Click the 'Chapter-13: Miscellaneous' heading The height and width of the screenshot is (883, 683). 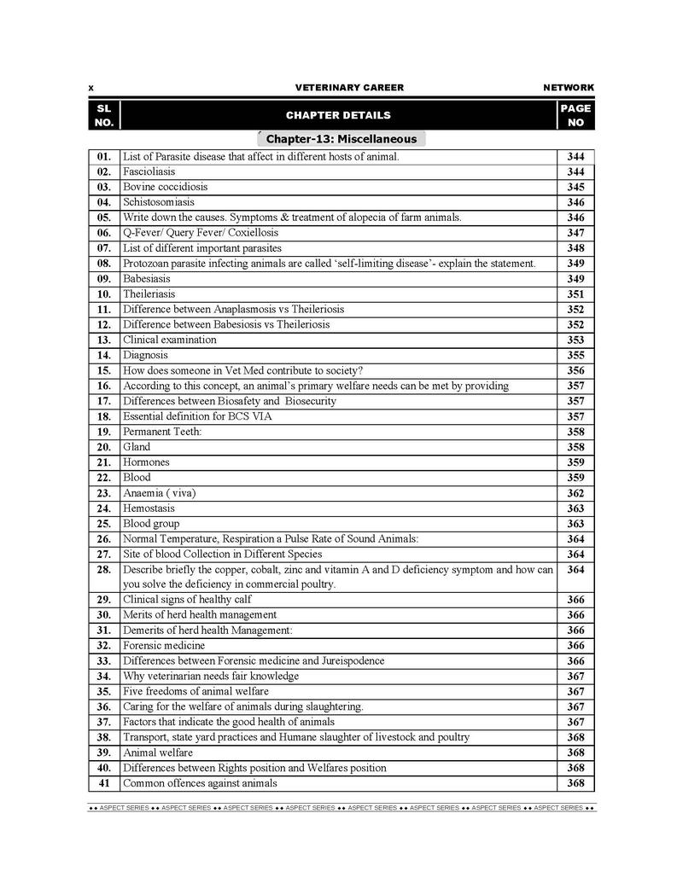[341, 139]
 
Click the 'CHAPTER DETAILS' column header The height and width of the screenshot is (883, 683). [338, 115]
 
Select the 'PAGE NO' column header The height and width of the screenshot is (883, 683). [575, 115]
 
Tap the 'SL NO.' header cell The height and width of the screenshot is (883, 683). [103, 115]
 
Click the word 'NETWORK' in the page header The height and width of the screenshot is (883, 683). [569, 88]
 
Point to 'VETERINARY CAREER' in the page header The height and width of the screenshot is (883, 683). [349, 88]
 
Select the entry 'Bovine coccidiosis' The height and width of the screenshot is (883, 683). [165, 187]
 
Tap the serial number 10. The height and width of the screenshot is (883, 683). [104, 294]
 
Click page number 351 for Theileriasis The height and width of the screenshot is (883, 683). [575, 294]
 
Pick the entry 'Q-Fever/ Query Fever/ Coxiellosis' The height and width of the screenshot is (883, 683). [201, 233]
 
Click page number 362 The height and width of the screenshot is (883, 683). [575, 493]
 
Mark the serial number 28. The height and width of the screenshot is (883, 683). [104, 569]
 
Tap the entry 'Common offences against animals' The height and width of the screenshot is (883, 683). [200, 783]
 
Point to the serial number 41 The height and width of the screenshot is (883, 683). [104, 783]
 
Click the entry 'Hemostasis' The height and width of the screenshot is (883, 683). [149, 508]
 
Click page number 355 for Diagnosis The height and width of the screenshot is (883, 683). [575, 356]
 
